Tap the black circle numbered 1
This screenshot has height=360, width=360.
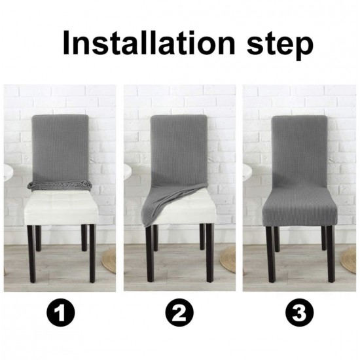tap(61, 312)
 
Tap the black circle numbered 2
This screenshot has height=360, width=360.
tap(179, 312)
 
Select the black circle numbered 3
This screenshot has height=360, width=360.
tap(299, 312)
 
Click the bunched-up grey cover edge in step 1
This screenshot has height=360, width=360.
tap(60, 185)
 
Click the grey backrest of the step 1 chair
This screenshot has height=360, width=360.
tap(60, 149)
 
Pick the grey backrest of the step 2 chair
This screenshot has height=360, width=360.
tap(179, 149)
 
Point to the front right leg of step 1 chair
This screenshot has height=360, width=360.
tap(92, 254)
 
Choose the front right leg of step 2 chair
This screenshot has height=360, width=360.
tap(209, 253)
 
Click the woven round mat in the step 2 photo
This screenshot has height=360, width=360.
tap(228, 260)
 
